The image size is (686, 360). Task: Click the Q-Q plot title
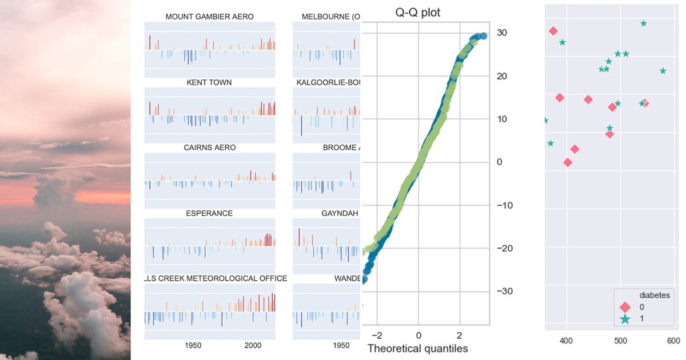click(418, 13)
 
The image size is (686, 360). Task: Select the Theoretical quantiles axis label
click(417, 348)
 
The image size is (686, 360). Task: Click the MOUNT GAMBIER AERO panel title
click(209, 17)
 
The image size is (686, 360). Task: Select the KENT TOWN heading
click(209, 82)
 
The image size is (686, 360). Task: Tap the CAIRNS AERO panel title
click(209, 147)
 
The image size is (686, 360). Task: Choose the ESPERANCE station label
click(209, 213)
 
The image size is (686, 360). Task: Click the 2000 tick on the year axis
click(253, 345)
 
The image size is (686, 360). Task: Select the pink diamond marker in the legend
click(625, 307)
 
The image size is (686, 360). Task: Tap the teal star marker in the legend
click(625, 319)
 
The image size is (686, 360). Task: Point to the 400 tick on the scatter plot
click(567, 341)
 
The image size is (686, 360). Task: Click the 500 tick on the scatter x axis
click(620, 341)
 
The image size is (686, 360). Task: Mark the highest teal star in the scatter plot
click(644, 23)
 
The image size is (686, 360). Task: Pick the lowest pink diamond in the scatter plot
click(568, 162)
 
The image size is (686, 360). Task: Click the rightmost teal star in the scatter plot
click(663, 71)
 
